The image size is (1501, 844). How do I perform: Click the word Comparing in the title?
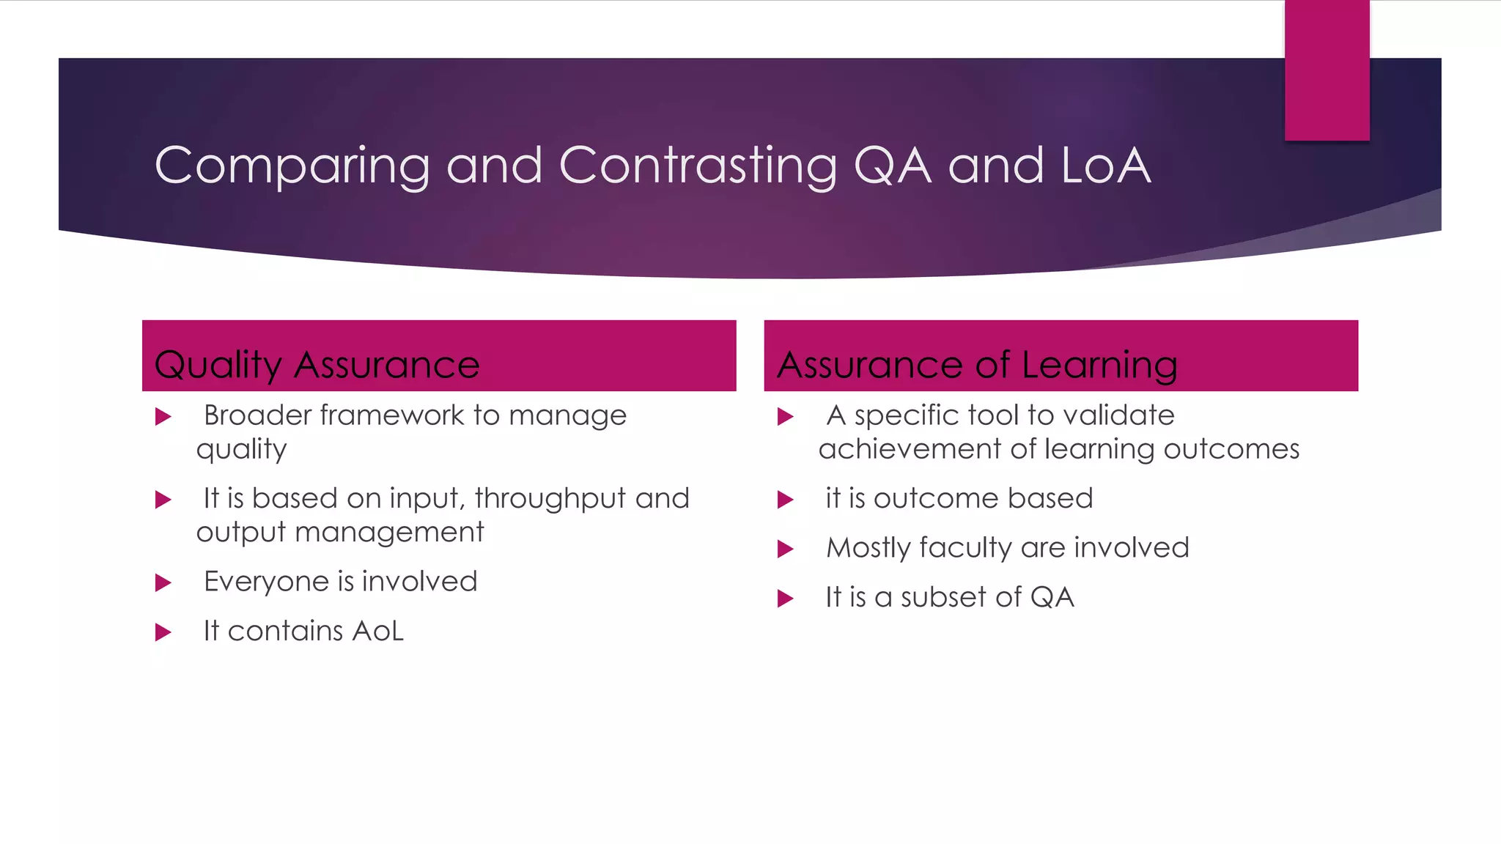tap(292, 166)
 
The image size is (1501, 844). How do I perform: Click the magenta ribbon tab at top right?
tap(1327, 70)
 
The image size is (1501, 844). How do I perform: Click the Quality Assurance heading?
tap(317, 364)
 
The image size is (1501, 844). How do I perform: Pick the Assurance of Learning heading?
tap(977, 364)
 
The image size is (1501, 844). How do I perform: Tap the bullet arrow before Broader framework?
tap(163, 417)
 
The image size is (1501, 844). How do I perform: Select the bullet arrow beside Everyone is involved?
tap(163, 583)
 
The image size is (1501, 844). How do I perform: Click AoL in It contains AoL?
tap(377, 631)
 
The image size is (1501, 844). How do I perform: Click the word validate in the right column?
tap(1118, 415)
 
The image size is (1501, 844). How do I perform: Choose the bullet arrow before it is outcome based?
tap(785, 500)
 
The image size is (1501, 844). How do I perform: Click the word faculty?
tap(965, 548)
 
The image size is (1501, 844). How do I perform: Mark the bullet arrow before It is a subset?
tap(785, 599)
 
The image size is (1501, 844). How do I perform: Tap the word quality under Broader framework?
tap(241, 450)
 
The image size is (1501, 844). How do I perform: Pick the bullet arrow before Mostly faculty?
tap(785, 549)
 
